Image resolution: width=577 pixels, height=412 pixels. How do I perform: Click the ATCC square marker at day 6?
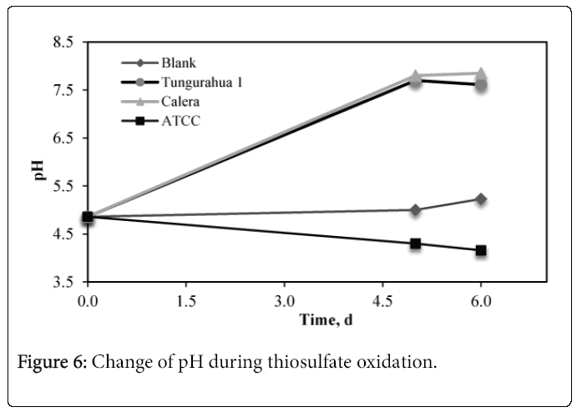pyautogui.click(x=481, y=250)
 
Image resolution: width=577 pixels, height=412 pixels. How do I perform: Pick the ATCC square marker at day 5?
pyautogui.click(x=415, y=244)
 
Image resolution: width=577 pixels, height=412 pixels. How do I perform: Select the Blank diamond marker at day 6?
pyautogui.click(x=481, y=198)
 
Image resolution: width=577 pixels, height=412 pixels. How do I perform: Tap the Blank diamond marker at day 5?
pyautogui.click(x=415, y=209)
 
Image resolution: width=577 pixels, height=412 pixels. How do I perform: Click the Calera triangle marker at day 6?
pyautogui.click(x=481, y=73)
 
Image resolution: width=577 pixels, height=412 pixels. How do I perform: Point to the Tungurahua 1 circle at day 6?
pyautogui.click(x=481, y=85)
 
